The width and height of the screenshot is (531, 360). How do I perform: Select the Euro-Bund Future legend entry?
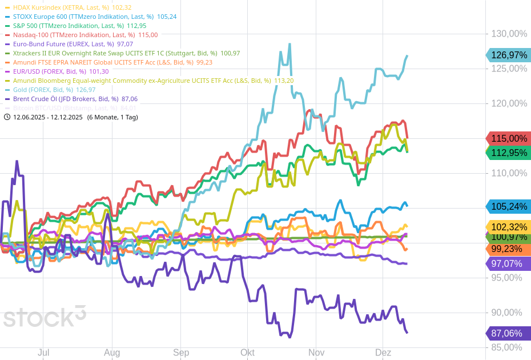tap(69, 44)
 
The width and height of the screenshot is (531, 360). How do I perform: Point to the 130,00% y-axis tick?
tap(509, 34)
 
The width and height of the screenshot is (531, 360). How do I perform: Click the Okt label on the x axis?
tap(247, 353)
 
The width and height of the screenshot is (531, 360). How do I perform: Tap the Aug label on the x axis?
tap(112, 353)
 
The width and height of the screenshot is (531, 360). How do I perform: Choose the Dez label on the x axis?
tap(383, 353)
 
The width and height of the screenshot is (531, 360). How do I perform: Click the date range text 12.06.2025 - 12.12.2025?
tap(48, 117)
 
